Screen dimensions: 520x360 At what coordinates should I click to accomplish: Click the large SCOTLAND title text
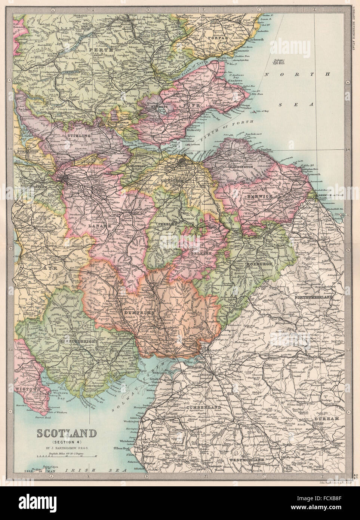click(x=66, y=434)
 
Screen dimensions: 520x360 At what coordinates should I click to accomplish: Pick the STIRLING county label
click(x=79, y=133)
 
